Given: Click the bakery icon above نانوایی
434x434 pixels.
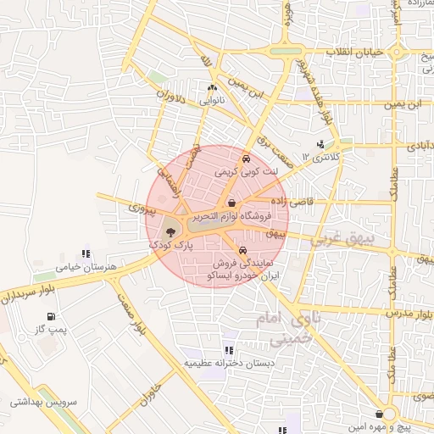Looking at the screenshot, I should click(212, 86).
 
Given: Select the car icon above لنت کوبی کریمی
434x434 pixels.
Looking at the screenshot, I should click(245, 158).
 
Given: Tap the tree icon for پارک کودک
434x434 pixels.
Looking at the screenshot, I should click(171, 231).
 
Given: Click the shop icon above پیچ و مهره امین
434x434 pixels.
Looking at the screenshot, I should click(388, 414).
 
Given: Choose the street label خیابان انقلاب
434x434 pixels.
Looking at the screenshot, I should click(355, 52).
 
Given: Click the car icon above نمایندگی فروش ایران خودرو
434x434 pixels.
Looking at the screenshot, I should click(243, 251).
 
